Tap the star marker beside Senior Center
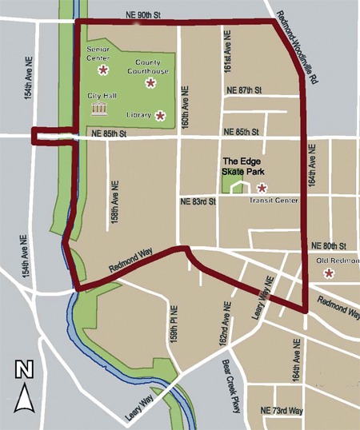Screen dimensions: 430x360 click(102, 70)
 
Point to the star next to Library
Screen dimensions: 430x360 click(160, 115)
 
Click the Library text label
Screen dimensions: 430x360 click(138, 115)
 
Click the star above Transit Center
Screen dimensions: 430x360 click(262, 188)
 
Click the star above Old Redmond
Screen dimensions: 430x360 click(328, 273)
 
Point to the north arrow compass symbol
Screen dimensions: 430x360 click(26, 388)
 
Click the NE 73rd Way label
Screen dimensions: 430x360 click(282, 410)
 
